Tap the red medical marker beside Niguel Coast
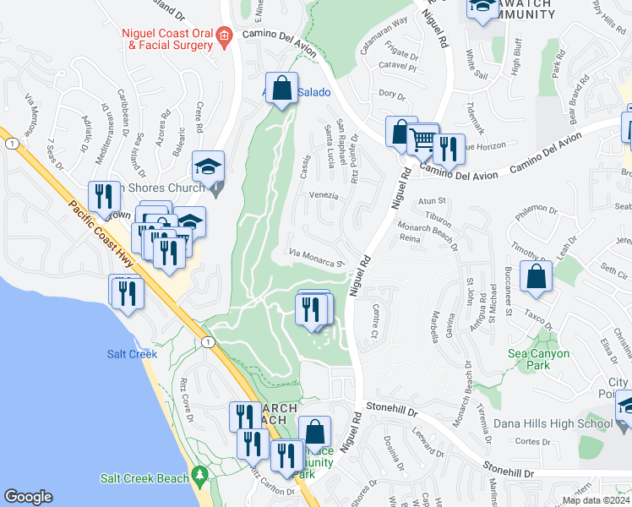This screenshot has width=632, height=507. [x=223, y=35]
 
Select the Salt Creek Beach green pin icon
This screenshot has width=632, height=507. [x=199, y=477]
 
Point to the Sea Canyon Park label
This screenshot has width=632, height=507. [x=539, y=359]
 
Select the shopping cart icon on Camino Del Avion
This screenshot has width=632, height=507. [x=423, y=139]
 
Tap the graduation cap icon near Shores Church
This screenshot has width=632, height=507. [x=207, y=166]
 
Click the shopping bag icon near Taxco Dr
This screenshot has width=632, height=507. [x=536, y=276]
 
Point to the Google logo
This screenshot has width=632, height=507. [x=28, y=497]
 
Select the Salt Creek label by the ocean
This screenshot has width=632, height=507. [x=132, y=354]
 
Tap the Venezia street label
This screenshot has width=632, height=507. [x=323, y=195]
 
